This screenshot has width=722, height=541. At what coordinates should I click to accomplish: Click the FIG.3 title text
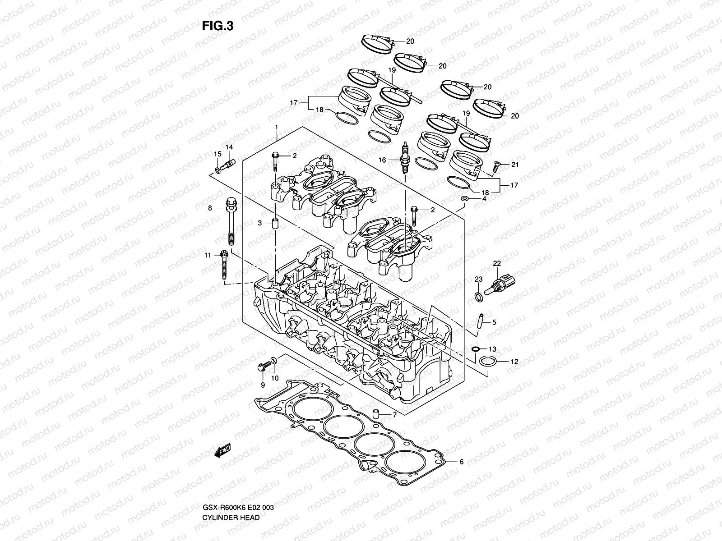[218, 26]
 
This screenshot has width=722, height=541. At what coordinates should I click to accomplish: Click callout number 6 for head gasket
[461, 462]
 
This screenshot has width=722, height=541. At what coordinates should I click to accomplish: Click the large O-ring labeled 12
[487, 362]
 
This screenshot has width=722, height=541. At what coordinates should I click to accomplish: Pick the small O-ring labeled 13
[475, 349]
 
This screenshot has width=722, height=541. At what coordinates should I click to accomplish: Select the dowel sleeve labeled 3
[273, 224]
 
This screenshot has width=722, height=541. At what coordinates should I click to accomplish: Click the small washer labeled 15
[218, 170]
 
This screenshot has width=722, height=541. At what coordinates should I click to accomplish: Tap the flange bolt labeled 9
[262, 367]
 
